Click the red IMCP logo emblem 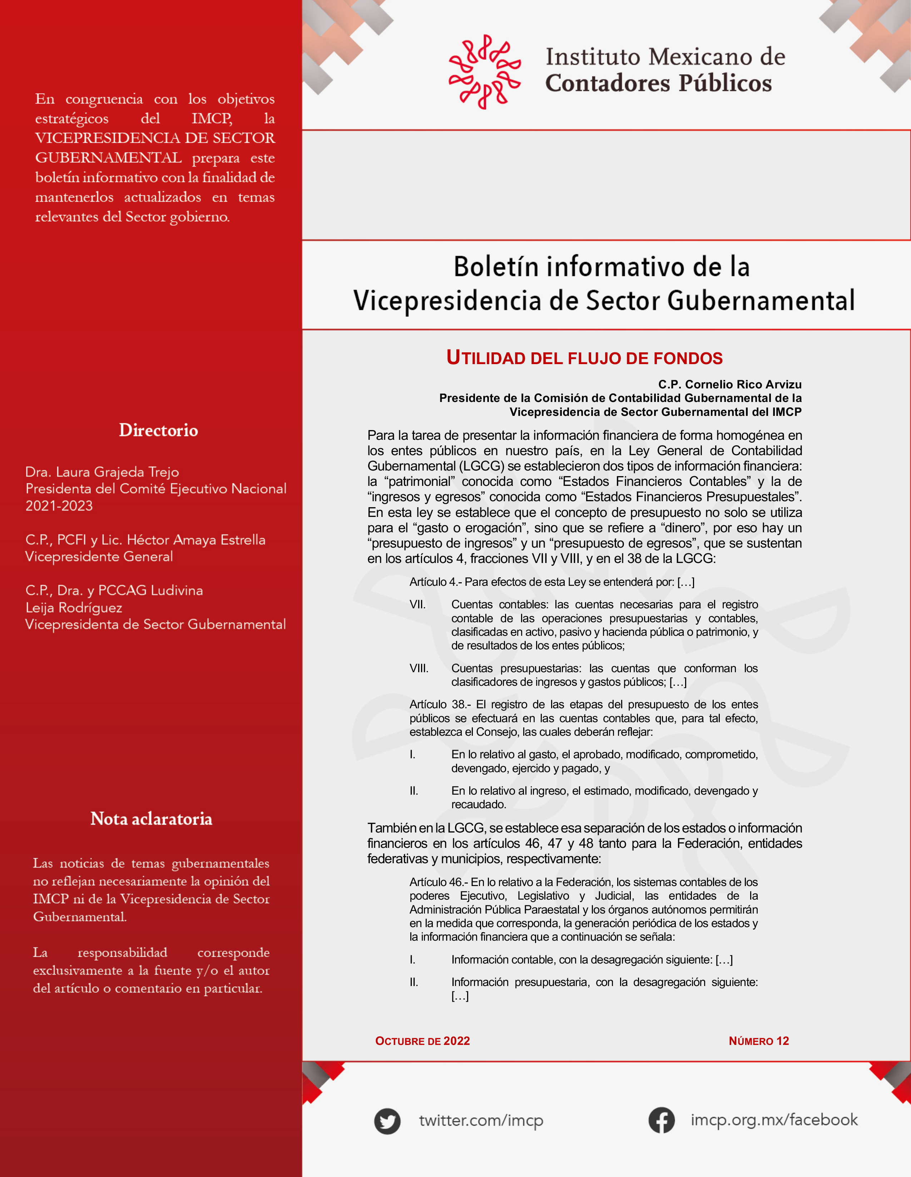484,72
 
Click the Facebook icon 661,1120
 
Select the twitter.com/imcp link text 481,1120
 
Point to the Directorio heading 158,430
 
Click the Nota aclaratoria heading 151,819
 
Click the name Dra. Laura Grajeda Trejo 102,472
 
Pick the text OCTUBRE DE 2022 422,1041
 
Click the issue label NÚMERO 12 758,1041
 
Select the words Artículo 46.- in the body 439,882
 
